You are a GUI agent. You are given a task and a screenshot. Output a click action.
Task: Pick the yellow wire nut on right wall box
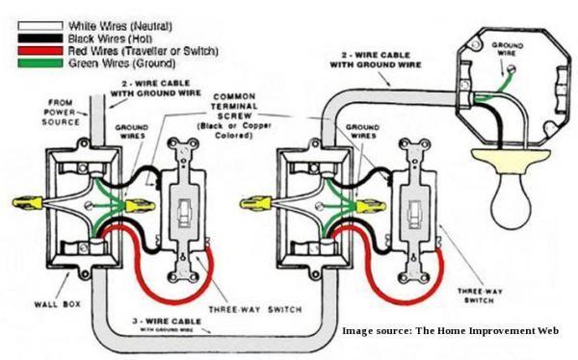point(256,203)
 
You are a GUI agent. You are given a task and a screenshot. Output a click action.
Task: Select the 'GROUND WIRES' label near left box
point(132,131)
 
